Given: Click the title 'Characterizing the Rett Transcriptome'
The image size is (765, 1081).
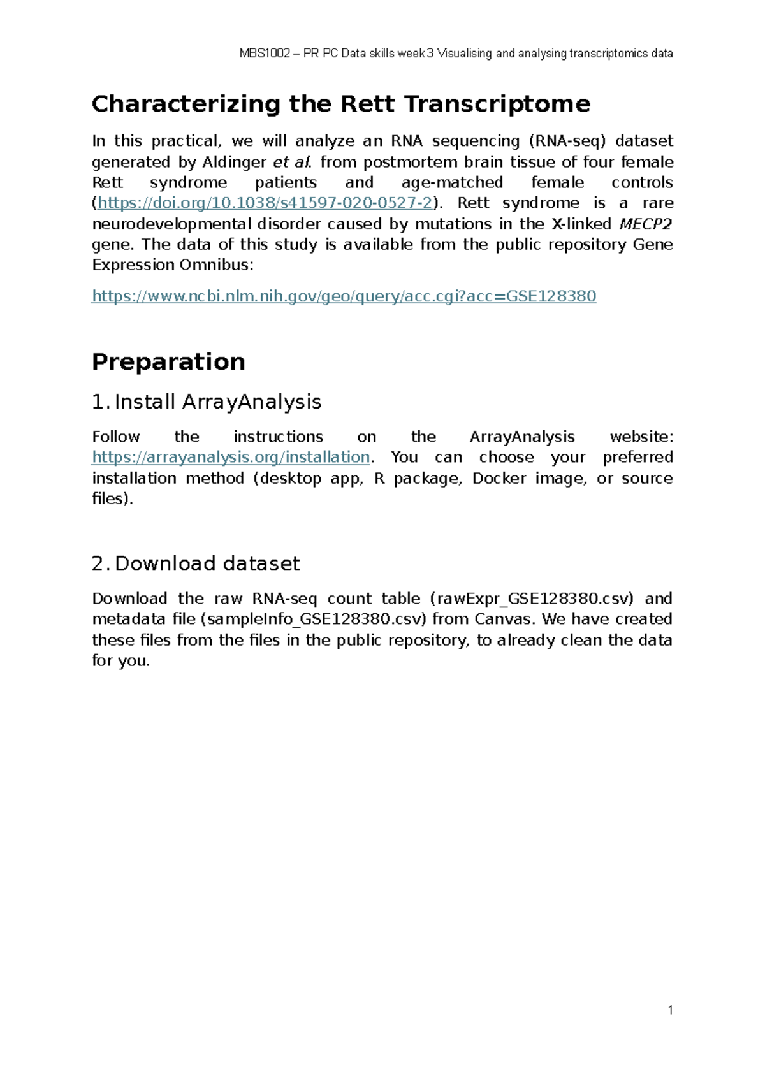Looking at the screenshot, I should [341, 104].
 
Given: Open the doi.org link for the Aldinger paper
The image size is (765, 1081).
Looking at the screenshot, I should [265, 203].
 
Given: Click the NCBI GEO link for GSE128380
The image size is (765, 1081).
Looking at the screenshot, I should [344, 296].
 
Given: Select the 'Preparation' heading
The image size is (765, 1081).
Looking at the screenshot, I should [168, 362].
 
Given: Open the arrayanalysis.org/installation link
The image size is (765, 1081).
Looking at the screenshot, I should [231, 458].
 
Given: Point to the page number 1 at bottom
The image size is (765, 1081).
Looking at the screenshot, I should [670, 1010].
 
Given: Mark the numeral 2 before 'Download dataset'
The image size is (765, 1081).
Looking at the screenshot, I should [98, 564].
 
